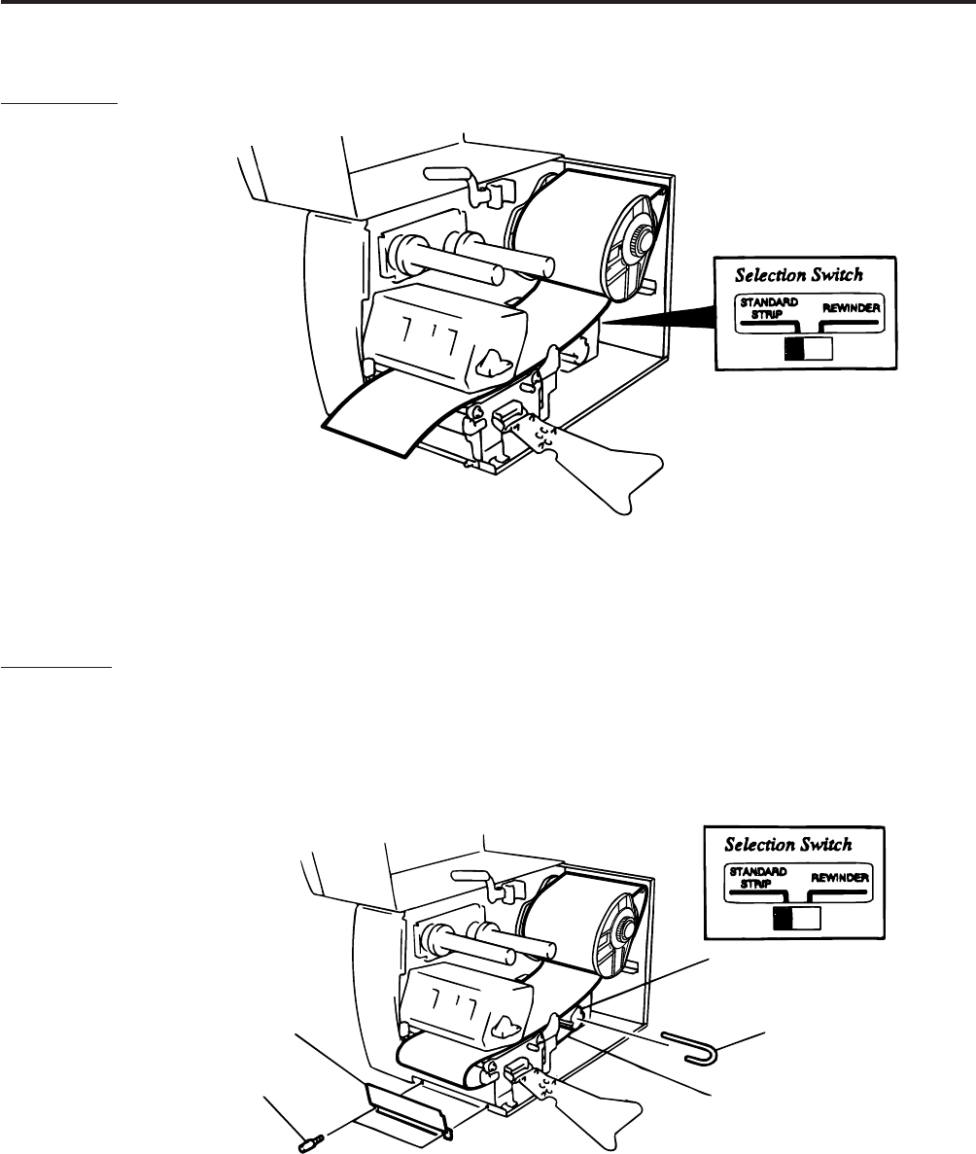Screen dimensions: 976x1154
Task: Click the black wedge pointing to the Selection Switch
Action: (661, 313)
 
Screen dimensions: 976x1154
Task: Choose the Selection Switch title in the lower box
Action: (789, 844)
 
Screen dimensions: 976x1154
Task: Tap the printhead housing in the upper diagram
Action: (437, 334)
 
